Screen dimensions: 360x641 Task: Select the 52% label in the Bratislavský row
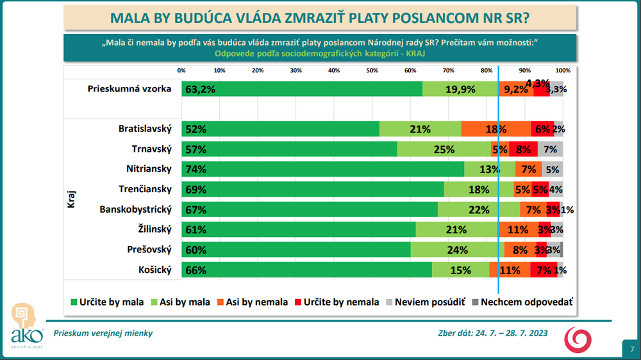tap(196, 129)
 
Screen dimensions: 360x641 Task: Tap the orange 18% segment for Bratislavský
tap(495, 129)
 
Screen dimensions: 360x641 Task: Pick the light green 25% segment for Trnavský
tap(442, 149)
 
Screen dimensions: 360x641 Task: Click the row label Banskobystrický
tap(136, 209)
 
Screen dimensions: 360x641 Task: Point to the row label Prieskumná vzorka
tap(129, 89)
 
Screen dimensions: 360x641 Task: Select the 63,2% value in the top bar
tap(200, 90)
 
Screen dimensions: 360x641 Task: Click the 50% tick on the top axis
tap(372, 70)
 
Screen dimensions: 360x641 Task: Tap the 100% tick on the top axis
tap(563, 70)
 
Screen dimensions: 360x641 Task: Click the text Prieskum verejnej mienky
tap(103, 333)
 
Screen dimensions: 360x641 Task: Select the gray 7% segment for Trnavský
tap(550, 149)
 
